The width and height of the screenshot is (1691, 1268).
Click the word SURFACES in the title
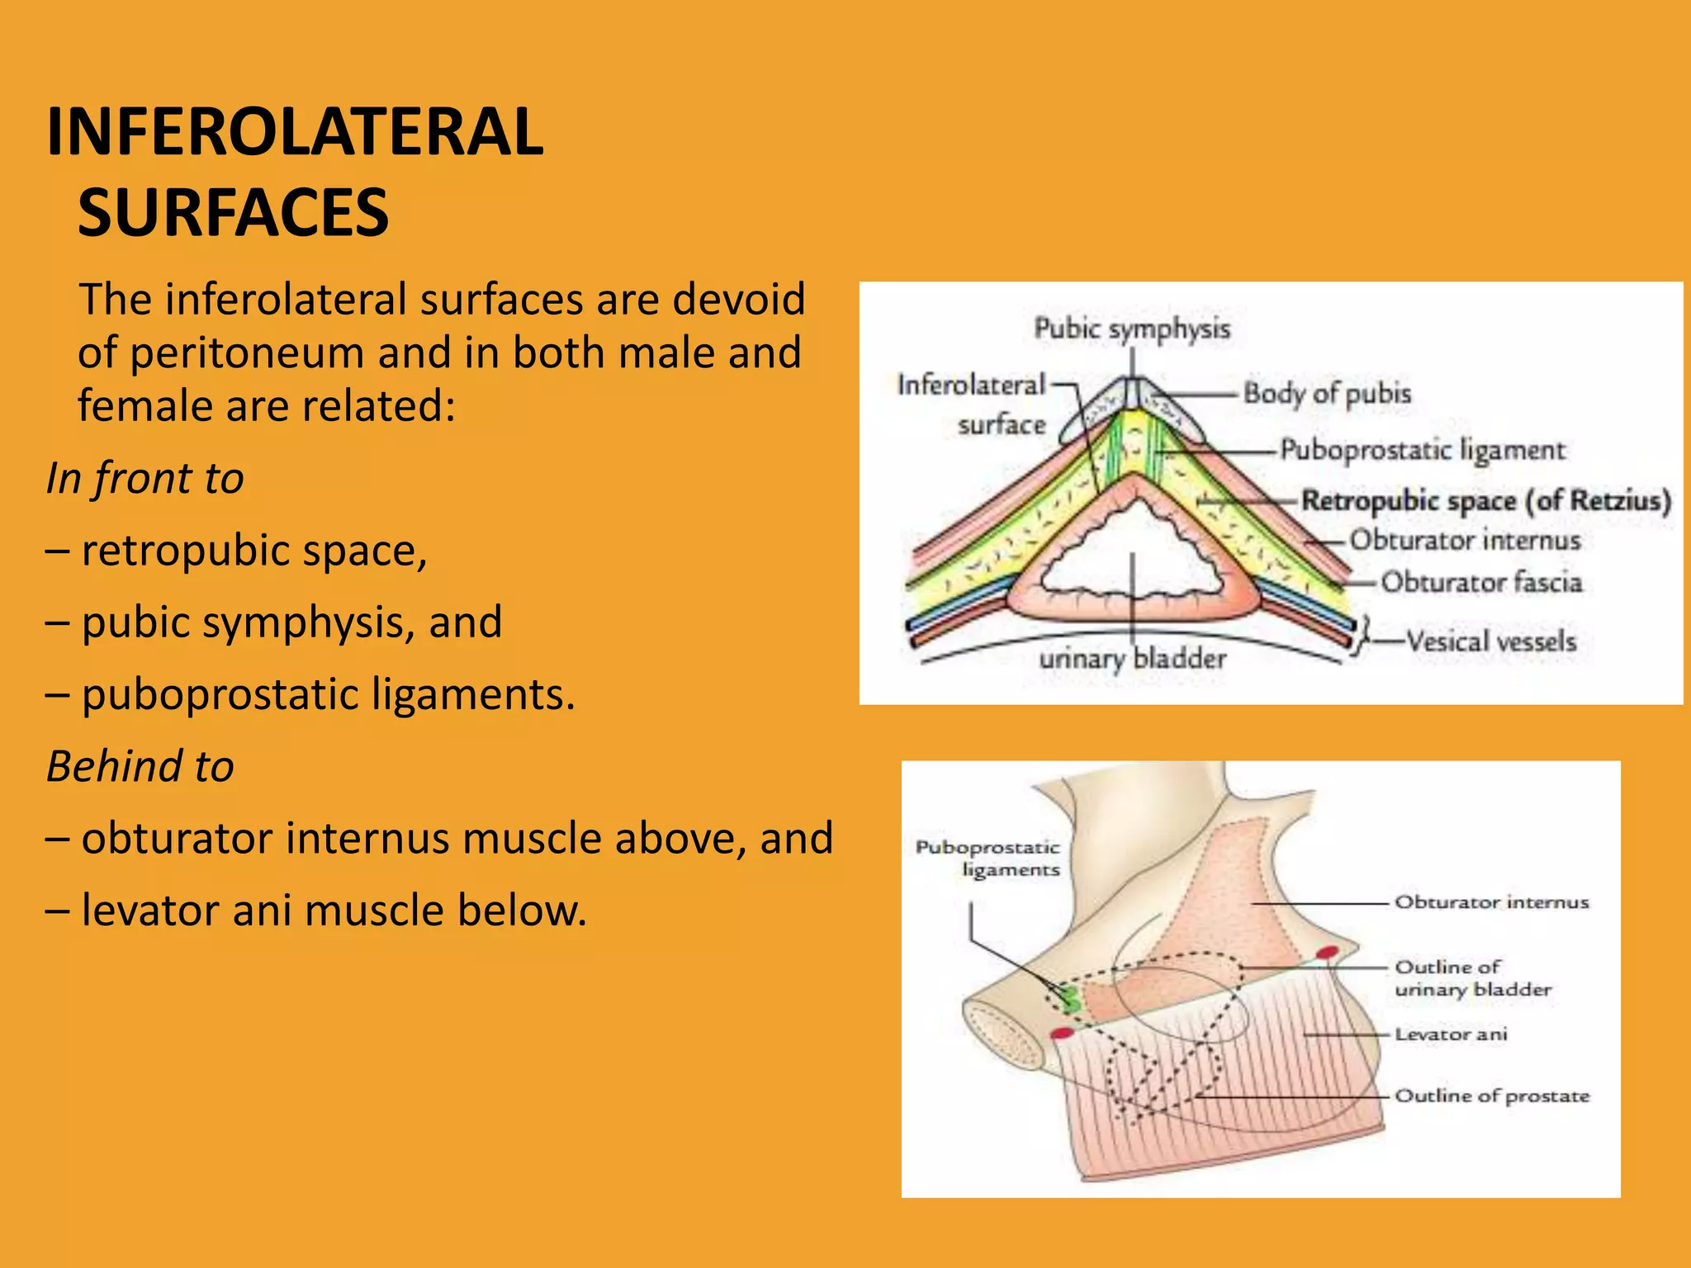click(233, 213)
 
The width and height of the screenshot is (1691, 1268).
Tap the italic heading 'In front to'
click(145, 478)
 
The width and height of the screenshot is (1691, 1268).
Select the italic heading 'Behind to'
click(140, 766)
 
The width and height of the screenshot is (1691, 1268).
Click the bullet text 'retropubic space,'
click(254, 551)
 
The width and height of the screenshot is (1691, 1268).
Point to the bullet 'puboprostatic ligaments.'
click(328, 694)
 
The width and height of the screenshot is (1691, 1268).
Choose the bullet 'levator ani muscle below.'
click(334, 911)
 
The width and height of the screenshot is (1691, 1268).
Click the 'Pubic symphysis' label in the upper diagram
click(1132, 329)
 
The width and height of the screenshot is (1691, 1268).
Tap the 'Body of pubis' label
click(1327, 393)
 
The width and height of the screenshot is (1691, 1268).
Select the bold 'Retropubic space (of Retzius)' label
click(1485, 500)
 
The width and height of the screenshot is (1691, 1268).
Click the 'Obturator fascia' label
click(1481, 582)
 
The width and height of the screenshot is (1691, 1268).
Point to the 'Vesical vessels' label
click(1490, 641)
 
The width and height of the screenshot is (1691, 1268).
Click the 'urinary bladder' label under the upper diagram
click(1132, 659)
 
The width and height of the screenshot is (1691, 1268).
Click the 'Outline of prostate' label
click(1491, 1096)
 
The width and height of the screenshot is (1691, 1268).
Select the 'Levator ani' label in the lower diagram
click(1451, 1034)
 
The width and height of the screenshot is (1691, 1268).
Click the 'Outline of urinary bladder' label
click(1472, 978)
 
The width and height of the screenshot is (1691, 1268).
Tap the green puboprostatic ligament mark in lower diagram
click(1069, 1000)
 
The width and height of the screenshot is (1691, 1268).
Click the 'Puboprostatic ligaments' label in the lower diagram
click(988, 859)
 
